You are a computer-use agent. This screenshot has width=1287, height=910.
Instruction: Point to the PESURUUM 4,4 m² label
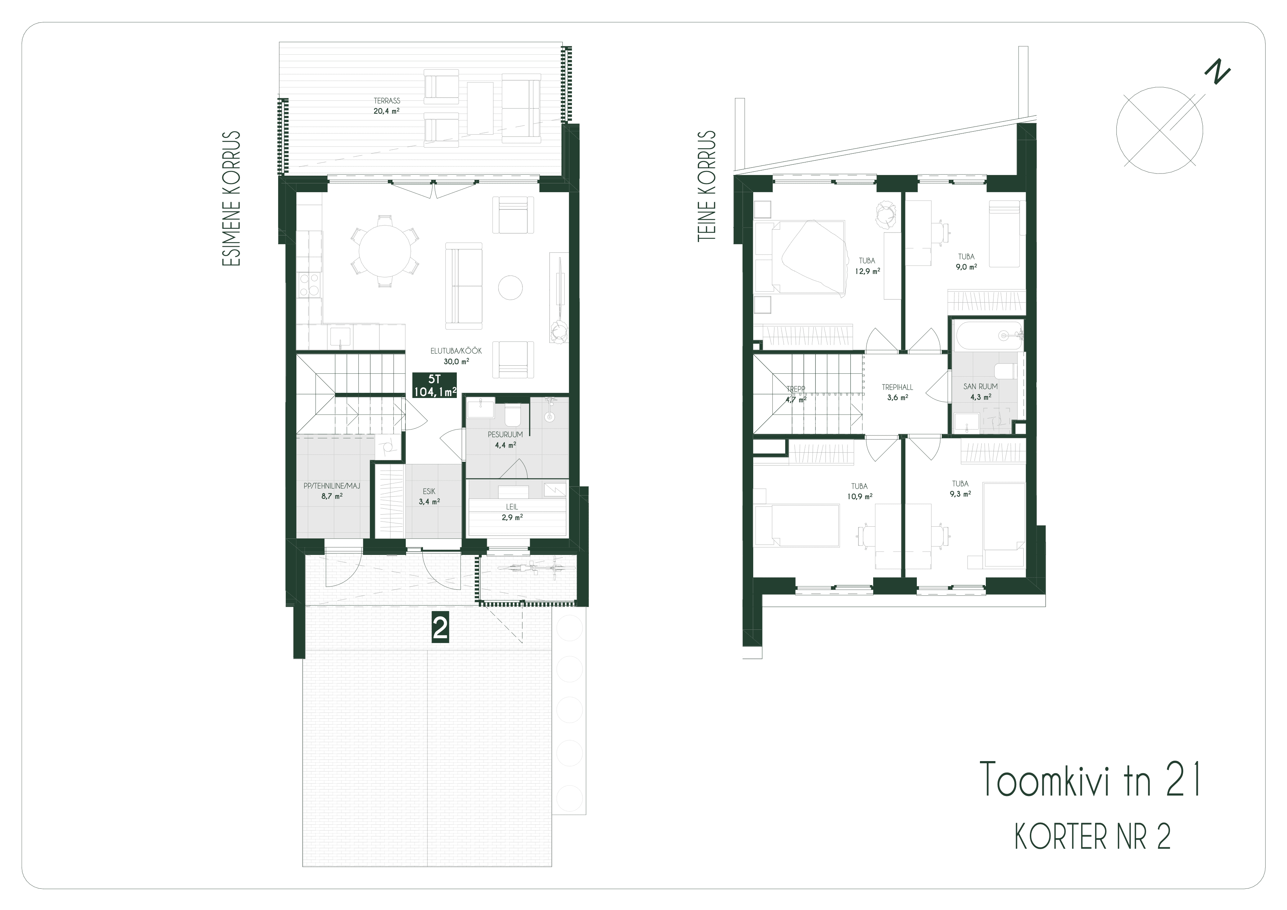tap(505, 440)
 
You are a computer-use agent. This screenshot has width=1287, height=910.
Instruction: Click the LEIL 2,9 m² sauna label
tap(512, 512)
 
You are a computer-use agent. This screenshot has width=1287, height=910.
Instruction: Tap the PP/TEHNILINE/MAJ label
tap(332, 486)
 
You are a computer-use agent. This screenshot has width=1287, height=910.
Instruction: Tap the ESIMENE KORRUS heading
tap(231, 199)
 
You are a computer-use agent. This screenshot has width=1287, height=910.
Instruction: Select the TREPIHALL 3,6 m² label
tap(897, 392)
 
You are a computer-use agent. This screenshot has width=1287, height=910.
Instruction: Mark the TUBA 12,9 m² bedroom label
tap(867, 266)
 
